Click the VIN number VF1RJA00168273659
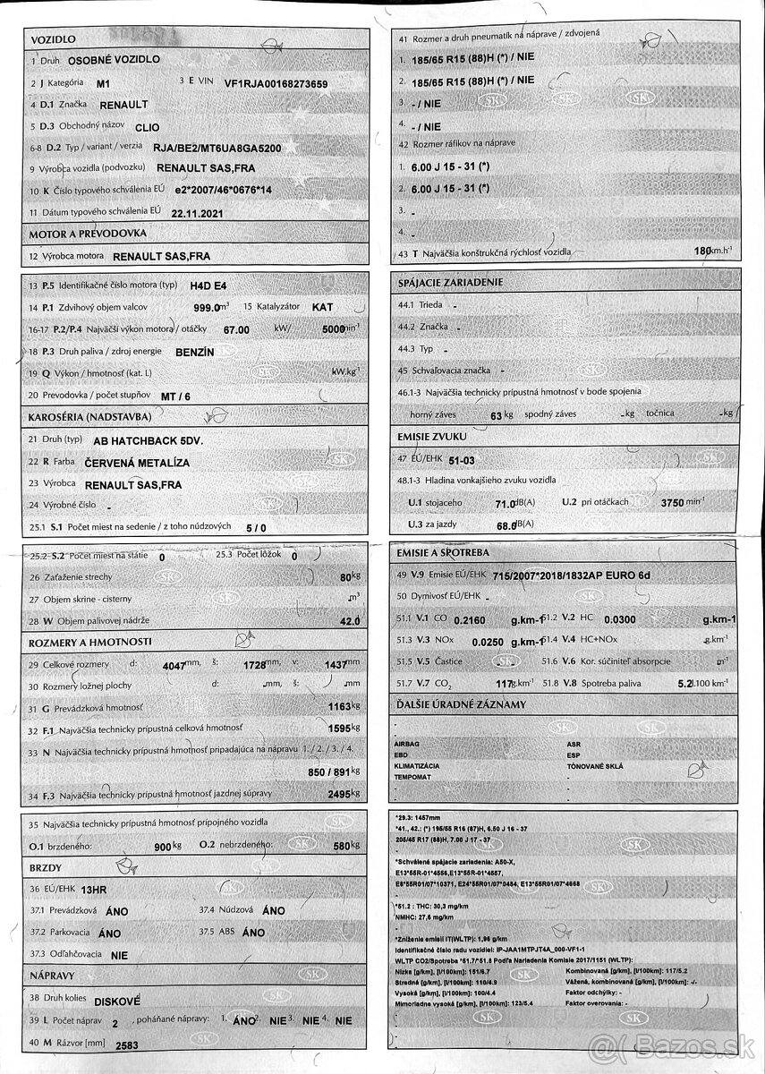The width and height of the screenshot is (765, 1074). (276, 83)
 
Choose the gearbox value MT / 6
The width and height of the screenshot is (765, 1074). (176, 396)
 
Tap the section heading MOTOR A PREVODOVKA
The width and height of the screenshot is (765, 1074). (88, 234)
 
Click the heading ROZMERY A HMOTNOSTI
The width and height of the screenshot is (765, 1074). (90, 642)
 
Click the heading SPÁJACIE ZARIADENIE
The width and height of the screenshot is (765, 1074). (450, 283)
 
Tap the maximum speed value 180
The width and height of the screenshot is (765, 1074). (702, 251)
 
